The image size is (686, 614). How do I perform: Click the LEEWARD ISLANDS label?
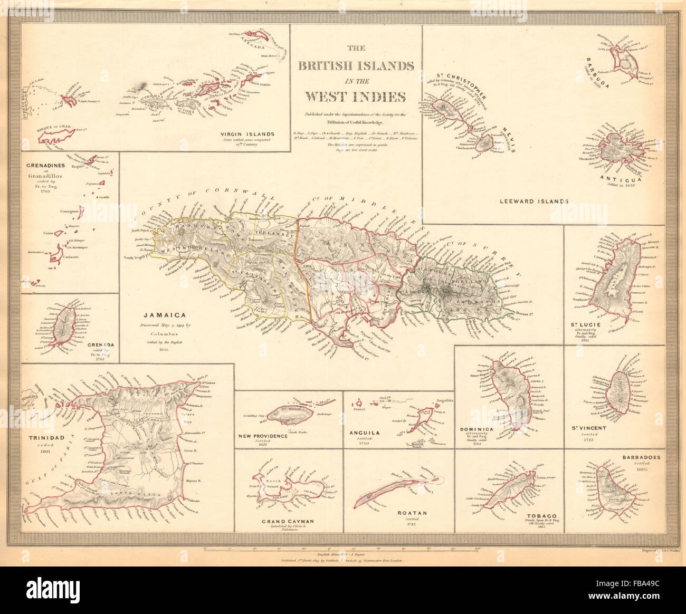coord(534,201)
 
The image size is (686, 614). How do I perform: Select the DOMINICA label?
coord(477,429)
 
